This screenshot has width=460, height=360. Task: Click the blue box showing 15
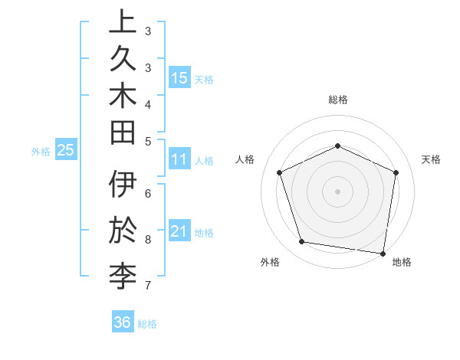coord(179,77)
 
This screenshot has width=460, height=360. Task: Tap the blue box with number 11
coord(179,159)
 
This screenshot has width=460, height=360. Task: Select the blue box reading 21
coord(179,231)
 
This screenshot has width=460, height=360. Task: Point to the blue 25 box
coord(66,150)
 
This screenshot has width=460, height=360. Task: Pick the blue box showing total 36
coord(123,322)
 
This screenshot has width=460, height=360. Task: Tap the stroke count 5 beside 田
coord(148,141)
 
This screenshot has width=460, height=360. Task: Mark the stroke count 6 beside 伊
coord(148,194)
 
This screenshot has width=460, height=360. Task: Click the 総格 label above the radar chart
coord(337,100)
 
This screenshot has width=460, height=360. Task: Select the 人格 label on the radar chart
coord(245,159)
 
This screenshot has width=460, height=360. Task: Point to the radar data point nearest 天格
coord(396,172)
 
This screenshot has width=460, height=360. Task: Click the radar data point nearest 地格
coord(383,253)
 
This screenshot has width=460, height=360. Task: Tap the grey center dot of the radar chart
coord(337,191)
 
